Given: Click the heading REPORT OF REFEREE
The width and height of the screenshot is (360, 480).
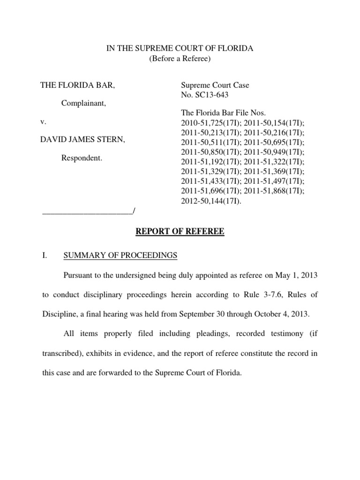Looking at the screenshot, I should click(180, 232).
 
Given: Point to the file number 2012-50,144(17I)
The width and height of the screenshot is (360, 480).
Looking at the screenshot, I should click(211, 202).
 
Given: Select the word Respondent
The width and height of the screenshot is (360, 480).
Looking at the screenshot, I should click(82, 158).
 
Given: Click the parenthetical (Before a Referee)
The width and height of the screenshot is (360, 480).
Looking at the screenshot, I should click(180, 59).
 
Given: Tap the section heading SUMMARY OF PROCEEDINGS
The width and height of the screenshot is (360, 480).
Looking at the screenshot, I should click(120, 255).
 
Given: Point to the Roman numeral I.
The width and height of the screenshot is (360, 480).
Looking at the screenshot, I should click(45, 255).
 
